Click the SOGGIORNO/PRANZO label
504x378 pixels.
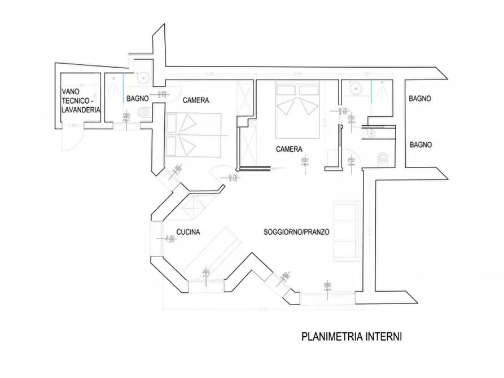click(296, 232)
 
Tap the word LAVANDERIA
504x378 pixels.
click(81, 111)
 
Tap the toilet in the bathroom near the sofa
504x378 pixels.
click(383, 159)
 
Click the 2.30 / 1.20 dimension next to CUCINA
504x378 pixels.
click(170, 239)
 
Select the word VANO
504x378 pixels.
click(71, 93)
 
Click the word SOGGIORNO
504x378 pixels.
click(281, 232)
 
